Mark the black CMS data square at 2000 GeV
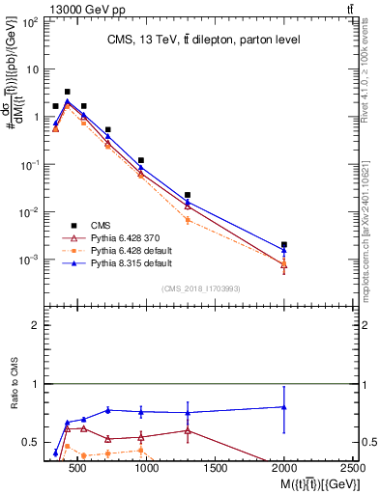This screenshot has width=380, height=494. (283, 245)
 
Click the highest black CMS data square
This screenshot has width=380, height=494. (67, 92)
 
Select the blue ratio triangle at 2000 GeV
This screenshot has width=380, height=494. (283, 406)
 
